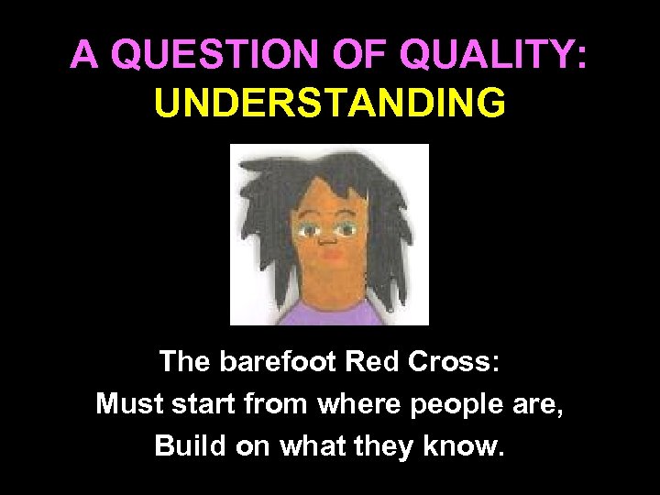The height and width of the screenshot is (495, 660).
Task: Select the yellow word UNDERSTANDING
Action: click(330, 103)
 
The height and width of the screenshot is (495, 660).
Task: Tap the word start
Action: click(204, 403)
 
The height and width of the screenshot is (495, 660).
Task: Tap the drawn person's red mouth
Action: click(331, 258)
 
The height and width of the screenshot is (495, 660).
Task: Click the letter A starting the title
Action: click(84, 56)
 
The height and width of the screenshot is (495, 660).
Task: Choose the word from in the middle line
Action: click(279, 403)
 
